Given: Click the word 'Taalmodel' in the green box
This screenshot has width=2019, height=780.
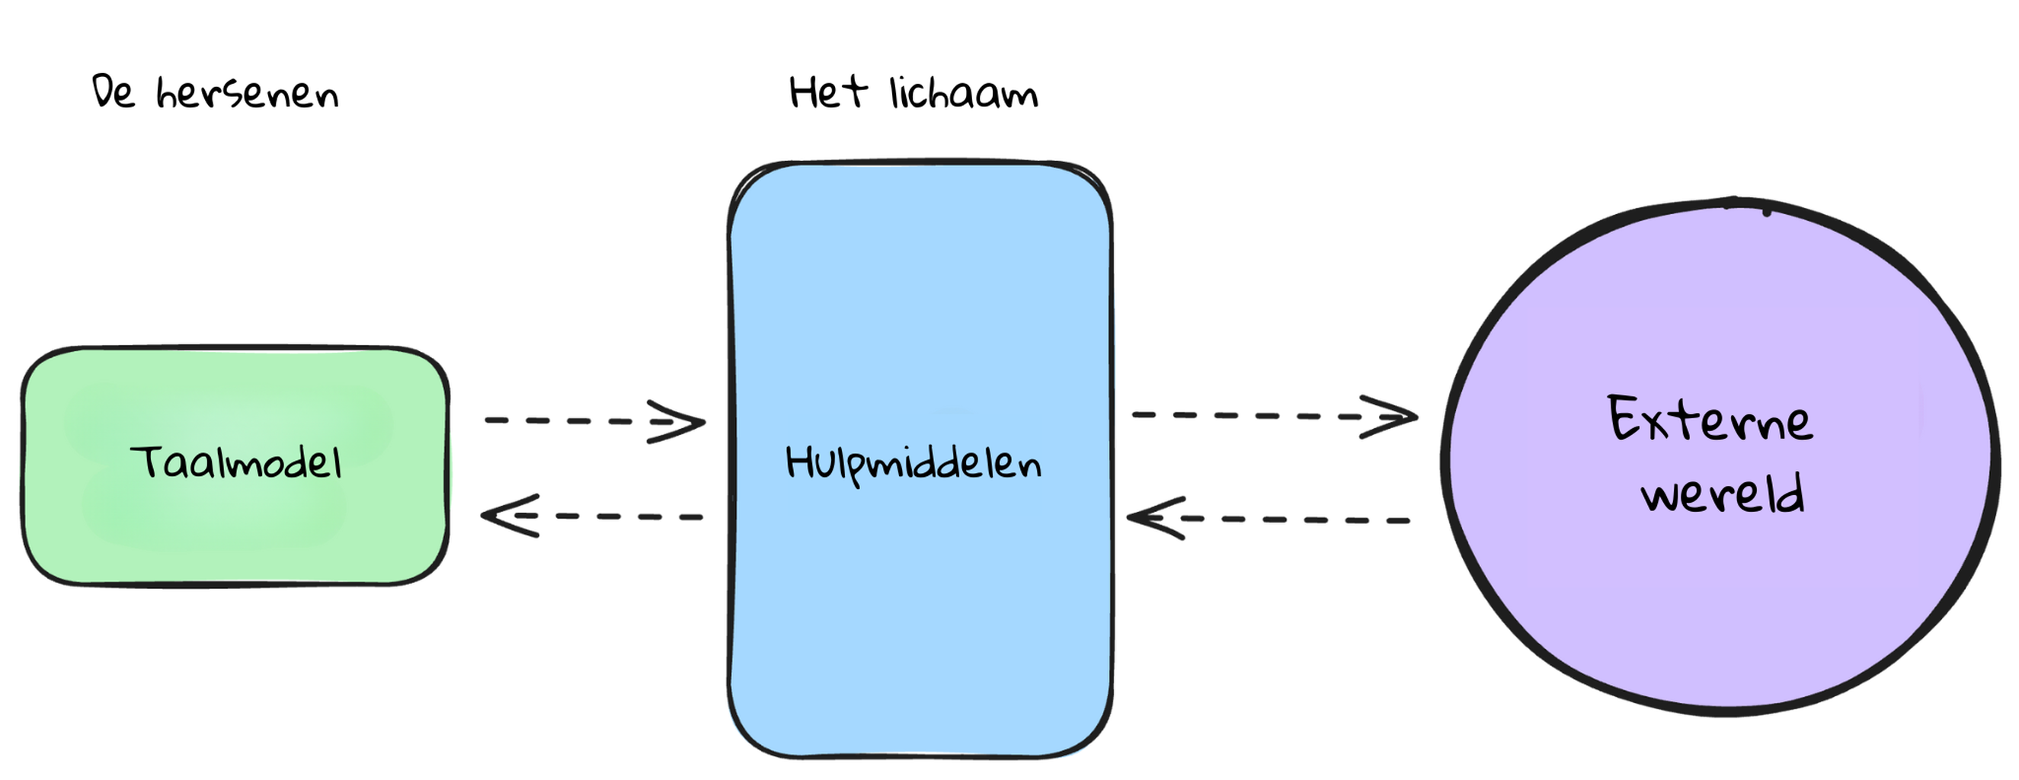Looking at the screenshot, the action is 236,462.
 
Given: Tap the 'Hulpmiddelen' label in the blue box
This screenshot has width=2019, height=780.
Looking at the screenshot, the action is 914,464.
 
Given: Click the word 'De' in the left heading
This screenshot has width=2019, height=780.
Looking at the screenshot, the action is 114,91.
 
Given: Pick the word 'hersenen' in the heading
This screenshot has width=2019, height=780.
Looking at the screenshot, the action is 248,94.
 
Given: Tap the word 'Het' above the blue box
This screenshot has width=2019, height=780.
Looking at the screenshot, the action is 828,92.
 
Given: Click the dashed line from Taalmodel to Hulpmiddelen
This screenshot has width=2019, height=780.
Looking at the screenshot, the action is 594,422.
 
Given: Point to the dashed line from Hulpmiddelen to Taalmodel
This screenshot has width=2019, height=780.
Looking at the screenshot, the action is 592,516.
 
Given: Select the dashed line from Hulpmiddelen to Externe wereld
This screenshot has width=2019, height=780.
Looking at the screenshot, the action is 1275,415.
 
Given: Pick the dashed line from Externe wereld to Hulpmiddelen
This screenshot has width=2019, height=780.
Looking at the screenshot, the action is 1268,519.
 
